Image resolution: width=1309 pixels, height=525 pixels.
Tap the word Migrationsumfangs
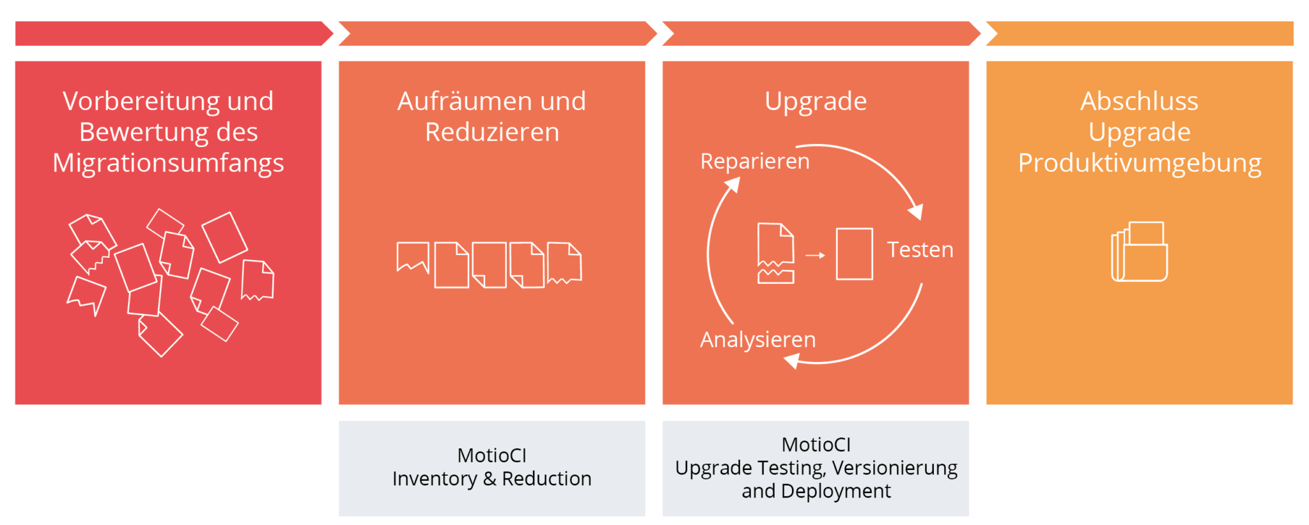coord(168,163)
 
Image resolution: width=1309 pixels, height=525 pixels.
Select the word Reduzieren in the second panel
coord(492,132)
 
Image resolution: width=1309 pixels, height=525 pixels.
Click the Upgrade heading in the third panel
coord(816,101)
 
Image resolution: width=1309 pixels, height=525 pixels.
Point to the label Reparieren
coord(755,161)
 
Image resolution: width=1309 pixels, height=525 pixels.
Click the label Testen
coord(920,249)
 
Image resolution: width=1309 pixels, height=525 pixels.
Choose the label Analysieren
coord(758,339)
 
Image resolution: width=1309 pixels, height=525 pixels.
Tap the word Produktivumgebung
coord(1139,163)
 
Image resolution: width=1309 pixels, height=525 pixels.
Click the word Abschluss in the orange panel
coord(1139,101)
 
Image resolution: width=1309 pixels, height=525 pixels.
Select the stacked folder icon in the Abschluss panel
coord(1140,252)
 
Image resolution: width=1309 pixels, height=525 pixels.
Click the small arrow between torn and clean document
coord(815,255)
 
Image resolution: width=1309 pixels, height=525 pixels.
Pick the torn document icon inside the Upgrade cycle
coord(776,253)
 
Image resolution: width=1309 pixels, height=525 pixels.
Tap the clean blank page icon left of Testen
coord(854,254)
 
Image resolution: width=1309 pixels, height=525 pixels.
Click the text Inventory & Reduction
coord(492,478)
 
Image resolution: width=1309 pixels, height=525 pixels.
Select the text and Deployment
coord(816,491)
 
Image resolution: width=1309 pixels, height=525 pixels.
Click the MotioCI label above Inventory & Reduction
coord(492,455)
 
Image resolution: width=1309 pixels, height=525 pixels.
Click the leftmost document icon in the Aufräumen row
coord(413,257)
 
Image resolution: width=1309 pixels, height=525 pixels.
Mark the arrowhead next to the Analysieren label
coord(792,361)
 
